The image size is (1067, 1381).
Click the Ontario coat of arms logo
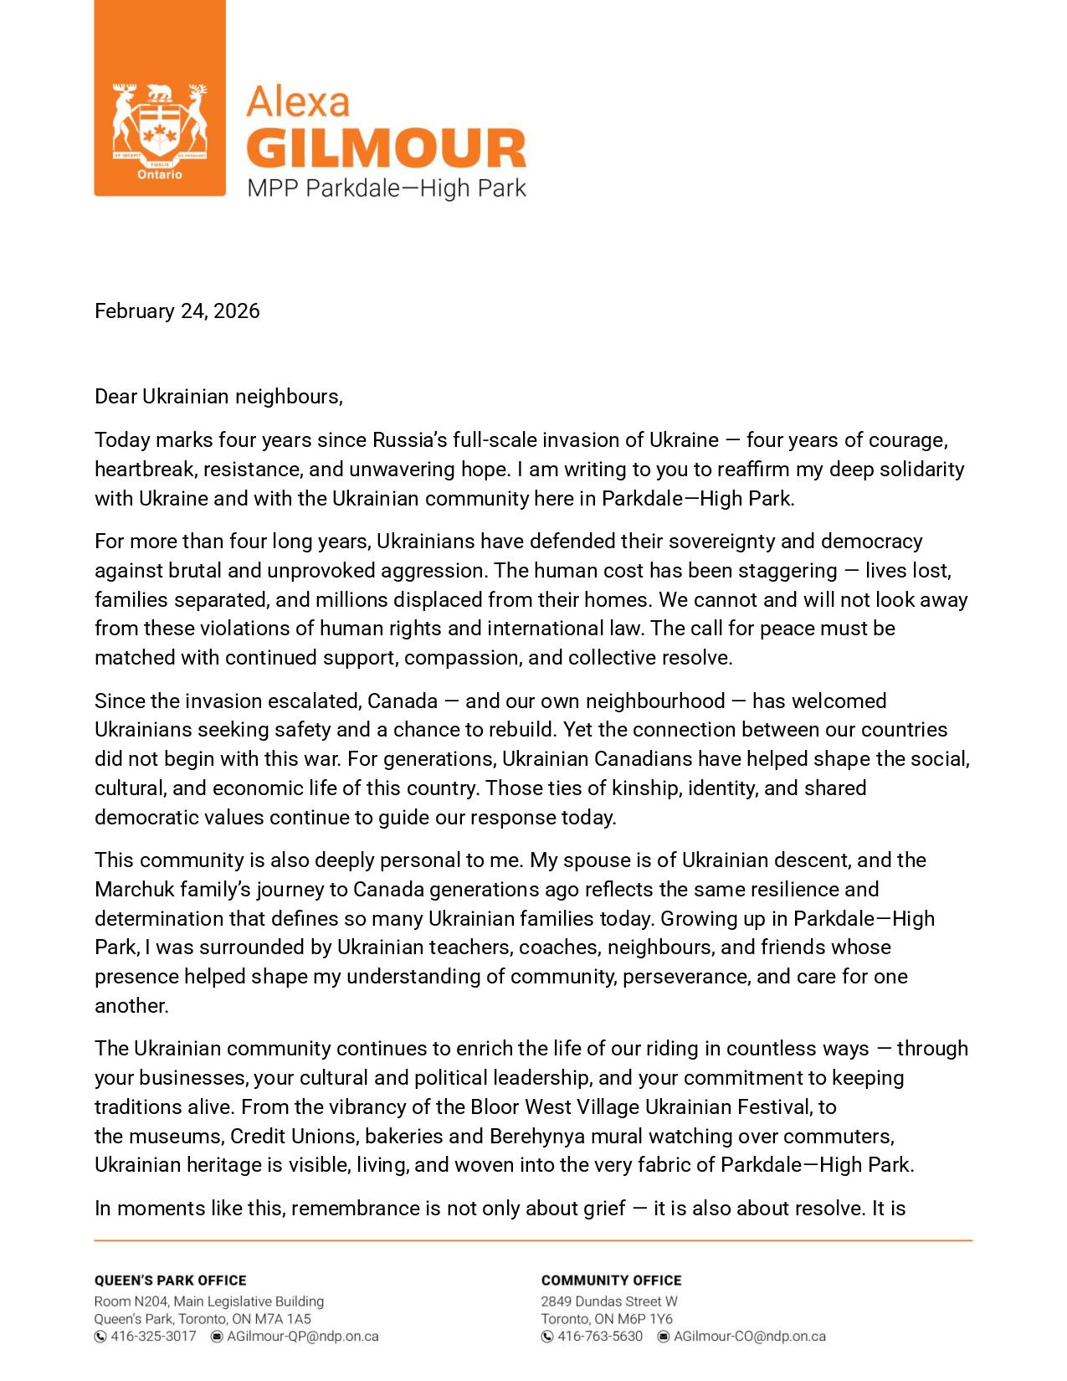(x=159, y=126)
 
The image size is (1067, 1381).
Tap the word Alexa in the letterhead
(x=298, y=102)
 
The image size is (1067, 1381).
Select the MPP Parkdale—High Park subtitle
(x=386, y=187)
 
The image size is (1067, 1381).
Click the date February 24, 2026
(x=177, y=311)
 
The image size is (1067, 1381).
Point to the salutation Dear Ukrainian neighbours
(x=218, y=397)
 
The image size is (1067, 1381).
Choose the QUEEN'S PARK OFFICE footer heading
(x=171, y=1281)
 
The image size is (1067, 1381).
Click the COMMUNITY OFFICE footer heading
(x=611, y=1281)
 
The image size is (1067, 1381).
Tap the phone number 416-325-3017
(x=153, y=1337)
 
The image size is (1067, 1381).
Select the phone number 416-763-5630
(x=600, y=1337)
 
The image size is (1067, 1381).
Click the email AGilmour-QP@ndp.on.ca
(x=303, y=1337)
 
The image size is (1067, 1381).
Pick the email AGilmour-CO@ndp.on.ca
(x=750, y=1337)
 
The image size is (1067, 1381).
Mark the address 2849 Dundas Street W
(x=609, y=1301)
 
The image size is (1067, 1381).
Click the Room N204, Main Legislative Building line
(x=209, y=1301)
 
